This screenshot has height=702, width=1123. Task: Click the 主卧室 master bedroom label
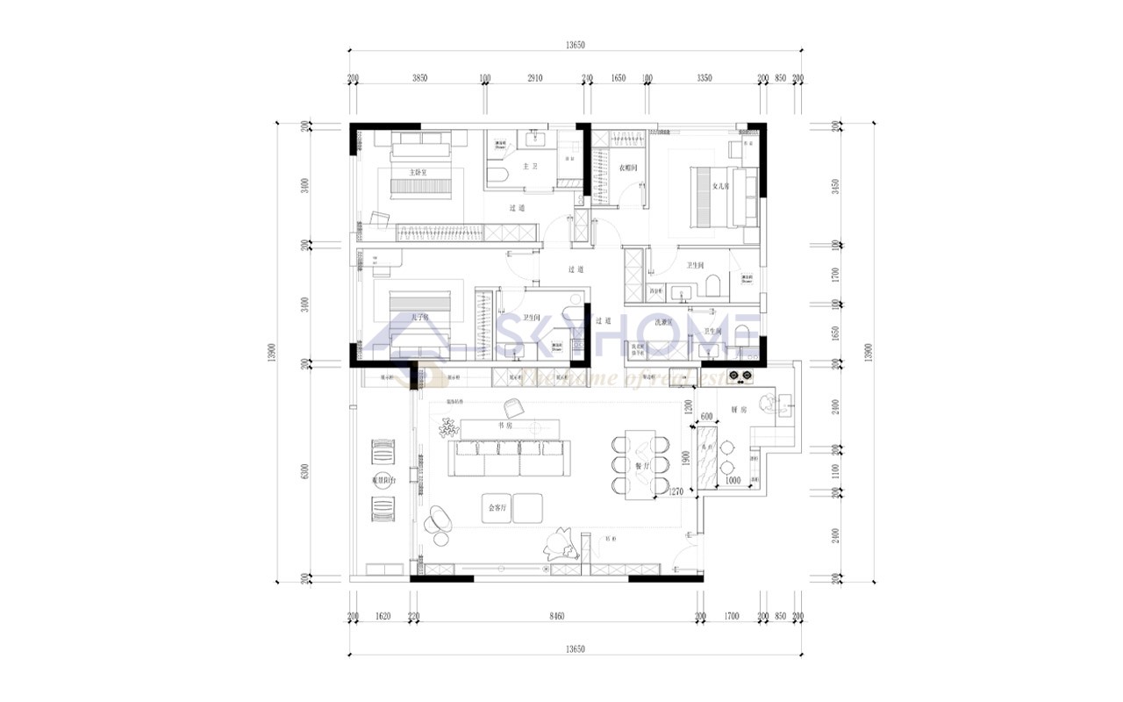[x=418, y=173]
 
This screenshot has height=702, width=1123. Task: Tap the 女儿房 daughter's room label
[x=720, y=186]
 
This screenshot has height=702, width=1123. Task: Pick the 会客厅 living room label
[x=497, y=507]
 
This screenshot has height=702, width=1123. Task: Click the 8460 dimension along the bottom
[x=556, y=618]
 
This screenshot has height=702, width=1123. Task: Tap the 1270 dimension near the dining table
[x=675, y=493]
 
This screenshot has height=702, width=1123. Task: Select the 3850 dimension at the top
[x=419, y=78]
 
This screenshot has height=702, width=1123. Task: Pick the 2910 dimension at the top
[x=535, y=78]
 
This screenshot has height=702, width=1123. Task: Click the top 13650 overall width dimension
[x=575, y=44]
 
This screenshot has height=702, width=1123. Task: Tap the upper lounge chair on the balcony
[x=383, y=452]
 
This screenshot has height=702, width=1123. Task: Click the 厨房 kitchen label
[x=738, y=410]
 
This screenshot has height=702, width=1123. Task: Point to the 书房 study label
[x=504, y=425]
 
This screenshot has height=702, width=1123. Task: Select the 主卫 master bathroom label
[x=530, y=165]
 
